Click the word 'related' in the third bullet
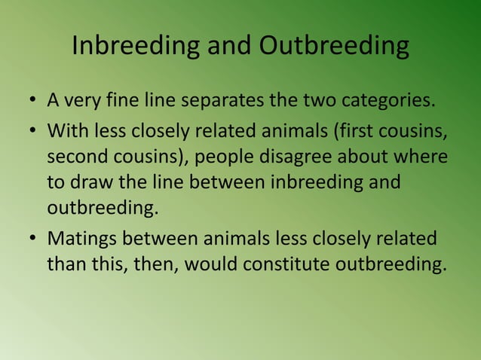pyautogui.click(x=406, y=239)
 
